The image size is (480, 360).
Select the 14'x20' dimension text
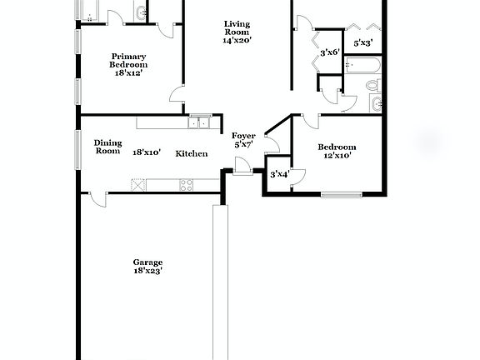(x=237, y=40)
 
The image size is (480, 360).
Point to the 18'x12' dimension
(x=128, y=73)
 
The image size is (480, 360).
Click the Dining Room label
(x=107, y=147)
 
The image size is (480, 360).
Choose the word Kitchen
(x=191, y=153)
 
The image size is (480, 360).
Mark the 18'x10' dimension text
(x=147, y=152)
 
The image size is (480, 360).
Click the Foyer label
(x=243, y=135)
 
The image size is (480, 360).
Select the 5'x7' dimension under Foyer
(x=243, y=145)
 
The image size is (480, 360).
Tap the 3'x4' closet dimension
(x=278, y=174)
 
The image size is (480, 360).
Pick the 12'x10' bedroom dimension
(x=337, y=154)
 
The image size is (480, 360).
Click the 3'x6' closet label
(x=330, y=52)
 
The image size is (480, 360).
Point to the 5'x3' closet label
(x=363, y=42)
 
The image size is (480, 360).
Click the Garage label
(x=147, y=261)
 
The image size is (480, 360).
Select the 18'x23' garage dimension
(x=147, y=271)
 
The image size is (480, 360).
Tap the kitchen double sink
(x=199, y=123)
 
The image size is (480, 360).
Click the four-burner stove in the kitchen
(x=186, y=184)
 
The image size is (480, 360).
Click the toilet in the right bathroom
(x=373, y=86)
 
